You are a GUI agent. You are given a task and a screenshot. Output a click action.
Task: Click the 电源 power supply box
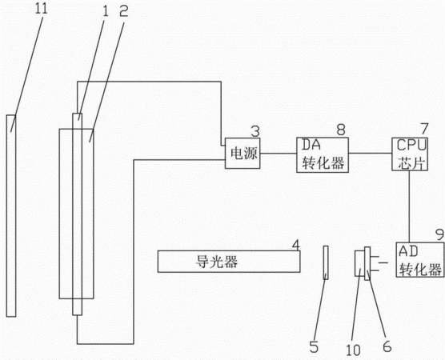pyautogui.click(x=243, y=154)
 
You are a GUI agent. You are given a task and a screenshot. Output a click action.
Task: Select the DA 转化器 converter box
pyautogui.click(x=323, y=155)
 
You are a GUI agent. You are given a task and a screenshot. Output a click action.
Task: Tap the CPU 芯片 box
pyautogui.click(x=410, y=154)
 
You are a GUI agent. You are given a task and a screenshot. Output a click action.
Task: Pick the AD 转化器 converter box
pyautogui.click(x=420, y=259)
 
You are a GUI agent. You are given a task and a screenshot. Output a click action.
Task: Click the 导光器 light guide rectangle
pyautogui.click(x=229, y=262)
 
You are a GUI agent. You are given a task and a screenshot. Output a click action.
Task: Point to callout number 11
pyautogui.click(x=41, y=9)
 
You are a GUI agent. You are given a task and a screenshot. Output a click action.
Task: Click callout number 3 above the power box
pyautogui.click(x=255, y=132)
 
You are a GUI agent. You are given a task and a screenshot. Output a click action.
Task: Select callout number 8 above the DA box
pyautogui.click(x=341, y=130)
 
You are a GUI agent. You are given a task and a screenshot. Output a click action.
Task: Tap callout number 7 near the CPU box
pyautogui.click(x=424, y=129)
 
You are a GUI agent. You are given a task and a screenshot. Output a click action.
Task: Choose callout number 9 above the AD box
pyautogui.click(x=440, y=235)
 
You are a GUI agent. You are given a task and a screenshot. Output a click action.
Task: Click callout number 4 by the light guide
pyautogui.click(x=295, y=245)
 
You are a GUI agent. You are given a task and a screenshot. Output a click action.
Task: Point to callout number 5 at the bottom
pyautogui.click(x=314, y=347)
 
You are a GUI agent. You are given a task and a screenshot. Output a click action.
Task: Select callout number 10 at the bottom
pyautogui.click(x=353, y=350)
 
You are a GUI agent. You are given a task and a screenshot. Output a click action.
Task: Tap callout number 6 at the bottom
pyautogui.click(x=387, y=346)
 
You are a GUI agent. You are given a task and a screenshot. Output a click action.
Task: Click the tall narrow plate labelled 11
pyautogui.click(x=11, y=216)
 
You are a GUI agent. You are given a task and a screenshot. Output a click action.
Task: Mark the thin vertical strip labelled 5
pyautogui.click(x=326, y=262)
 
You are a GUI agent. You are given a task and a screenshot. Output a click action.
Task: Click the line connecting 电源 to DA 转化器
pyautogui.click(x=279, y=154)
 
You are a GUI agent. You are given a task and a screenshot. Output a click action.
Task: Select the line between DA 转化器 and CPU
pyautogui.click(x=371, y=154)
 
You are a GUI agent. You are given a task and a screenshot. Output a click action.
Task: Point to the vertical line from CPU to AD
pyautogui.click(x=409, y=206)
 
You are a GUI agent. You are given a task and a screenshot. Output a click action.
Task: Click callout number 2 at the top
pyautogui.click(x=124, y=12)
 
